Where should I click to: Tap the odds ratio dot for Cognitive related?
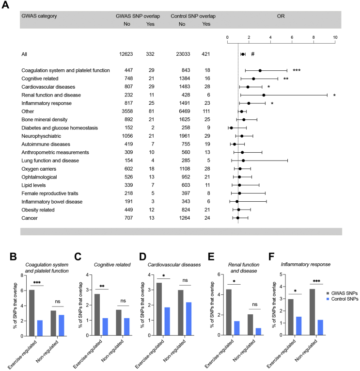click(253, 79)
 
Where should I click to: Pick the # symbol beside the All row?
click(252, 54)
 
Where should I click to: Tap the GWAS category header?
click(39, 16)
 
